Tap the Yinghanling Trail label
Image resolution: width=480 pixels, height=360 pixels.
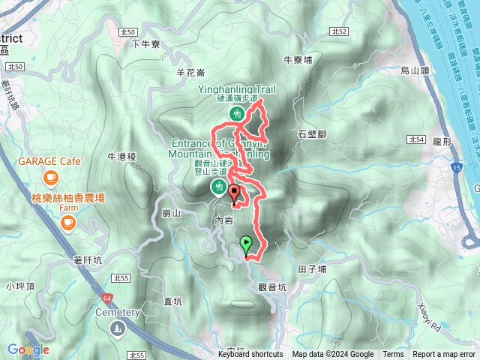pyautogui.click(x=236, y=89)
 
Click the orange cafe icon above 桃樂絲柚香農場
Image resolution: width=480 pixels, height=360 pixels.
pyautogui.click(x=51, y=178)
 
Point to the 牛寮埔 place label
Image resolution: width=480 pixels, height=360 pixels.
pyautogui.click(x=298, y=58)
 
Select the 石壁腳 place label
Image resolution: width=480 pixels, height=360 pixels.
pyautogui.click(x=312, y=134)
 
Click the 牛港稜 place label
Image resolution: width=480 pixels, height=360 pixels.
pyautogui.click(x=121, y=157)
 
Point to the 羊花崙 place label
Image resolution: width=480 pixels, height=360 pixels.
pyautogui.click(x=190, y=73)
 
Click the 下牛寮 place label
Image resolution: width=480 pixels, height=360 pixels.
pyautogui.click(x=146, y=44)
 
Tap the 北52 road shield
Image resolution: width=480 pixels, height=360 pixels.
pyautogui.click(x=338, y=32)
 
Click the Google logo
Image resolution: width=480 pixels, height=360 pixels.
pyautogui.click(x=28, y=349)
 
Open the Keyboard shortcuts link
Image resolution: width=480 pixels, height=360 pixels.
pyautogui.click(x=250, y=355)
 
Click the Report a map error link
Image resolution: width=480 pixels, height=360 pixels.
pyautogui.click(x=444, y=355)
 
